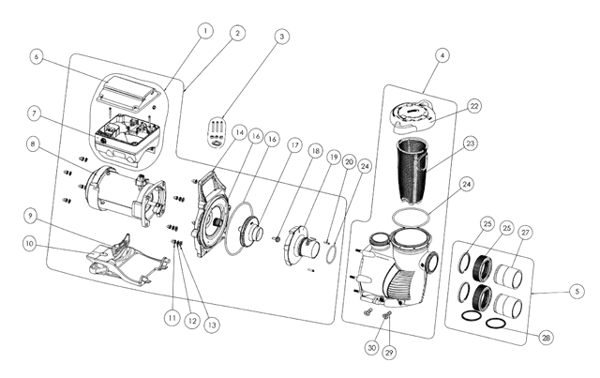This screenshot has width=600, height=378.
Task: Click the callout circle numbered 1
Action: click(205, 31)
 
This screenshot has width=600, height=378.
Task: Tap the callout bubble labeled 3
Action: click(281, 37)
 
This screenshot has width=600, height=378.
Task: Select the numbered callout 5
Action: click(577, 292)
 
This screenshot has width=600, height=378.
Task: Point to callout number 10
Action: click(30, 244)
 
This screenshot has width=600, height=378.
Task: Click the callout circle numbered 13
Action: click(212, 325)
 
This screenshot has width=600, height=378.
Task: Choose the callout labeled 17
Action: click(294, 145)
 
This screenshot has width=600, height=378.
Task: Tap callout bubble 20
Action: click(349, 162)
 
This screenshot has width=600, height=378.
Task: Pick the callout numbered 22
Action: click(474, 106)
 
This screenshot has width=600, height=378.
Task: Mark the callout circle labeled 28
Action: click(546, 338)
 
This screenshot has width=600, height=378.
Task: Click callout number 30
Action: click(371, 347)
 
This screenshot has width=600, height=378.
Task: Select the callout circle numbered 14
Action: click(240, 133)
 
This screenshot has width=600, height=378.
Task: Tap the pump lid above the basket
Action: click(413, 114)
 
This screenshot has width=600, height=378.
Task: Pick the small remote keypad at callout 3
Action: click(217, 132)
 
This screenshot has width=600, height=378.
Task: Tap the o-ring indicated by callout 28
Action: click(499, 324)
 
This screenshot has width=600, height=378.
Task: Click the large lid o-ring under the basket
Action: click(412, 218)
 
